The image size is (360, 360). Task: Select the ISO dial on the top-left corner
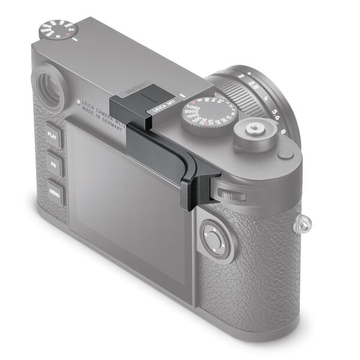pos(58,29)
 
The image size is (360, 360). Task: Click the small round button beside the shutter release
pos(286,155)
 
